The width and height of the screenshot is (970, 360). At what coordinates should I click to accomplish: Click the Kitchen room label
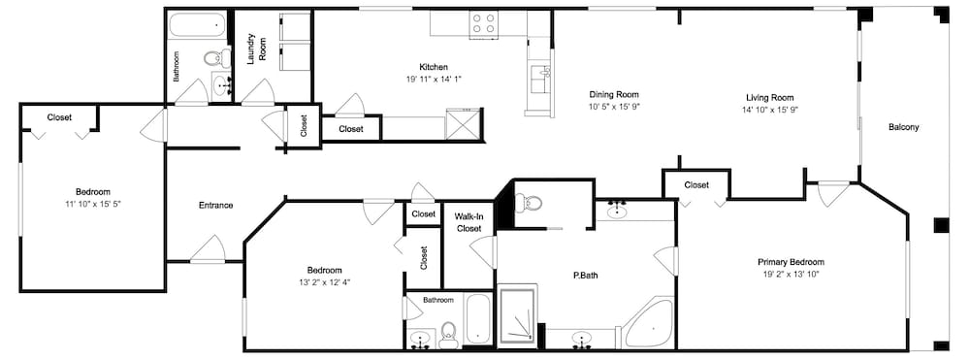(433, 67)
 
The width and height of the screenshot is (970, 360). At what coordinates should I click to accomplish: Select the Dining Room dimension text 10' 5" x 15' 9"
(614, 107)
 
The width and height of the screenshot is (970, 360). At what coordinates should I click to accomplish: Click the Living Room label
(769, 98)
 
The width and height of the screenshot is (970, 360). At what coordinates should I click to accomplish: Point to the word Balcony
(903, 127)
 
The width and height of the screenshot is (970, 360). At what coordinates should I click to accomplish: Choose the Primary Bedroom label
(791, 262)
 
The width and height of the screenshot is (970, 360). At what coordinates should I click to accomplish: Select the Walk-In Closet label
(469, 222)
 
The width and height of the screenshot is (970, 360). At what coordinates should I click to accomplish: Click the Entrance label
(215, 206)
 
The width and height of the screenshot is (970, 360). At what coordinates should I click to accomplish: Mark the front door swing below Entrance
(208, 249)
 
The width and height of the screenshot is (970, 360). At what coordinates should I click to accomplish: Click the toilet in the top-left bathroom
(214, 59)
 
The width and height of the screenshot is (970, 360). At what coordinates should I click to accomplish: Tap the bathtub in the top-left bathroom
(197, 24)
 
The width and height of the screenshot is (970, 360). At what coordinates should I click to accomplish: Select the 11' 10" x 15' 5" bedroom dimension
(93, 203)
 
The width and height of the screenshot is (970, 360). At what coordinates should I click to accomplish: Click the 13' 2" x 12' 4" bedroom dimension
(325, 282)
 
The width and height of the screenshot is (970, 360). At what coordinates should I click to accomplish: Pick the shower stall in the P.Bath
(518, 315)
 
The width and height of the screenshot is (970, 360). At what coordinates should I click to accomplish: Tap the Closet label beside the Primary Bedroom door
(696, 185)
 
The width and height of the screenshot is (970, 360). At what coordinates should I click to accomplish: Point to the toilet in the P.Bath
(528, 202)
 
